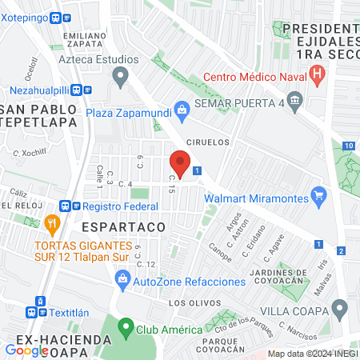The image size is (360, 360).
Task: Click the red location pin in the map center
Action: [x=180, y=165]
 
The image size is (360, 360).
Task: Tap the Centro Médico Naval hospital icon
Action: [x=318, y=77]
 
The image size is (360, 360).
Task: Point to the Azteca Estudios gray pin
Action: [x=121, y=77]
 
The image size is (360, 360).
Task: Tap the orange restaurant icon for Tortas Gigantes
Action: [x=53, y=223]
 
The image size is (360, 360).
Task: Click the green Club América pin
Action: [x=126, y=327]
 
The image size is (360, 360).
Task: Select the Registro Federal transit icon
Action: [x=65, y=204]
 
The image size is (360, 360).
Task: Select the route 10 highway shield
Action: [x=349, y=146]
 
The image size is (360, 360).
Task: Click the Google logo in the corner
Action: [x=26, y=350]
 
